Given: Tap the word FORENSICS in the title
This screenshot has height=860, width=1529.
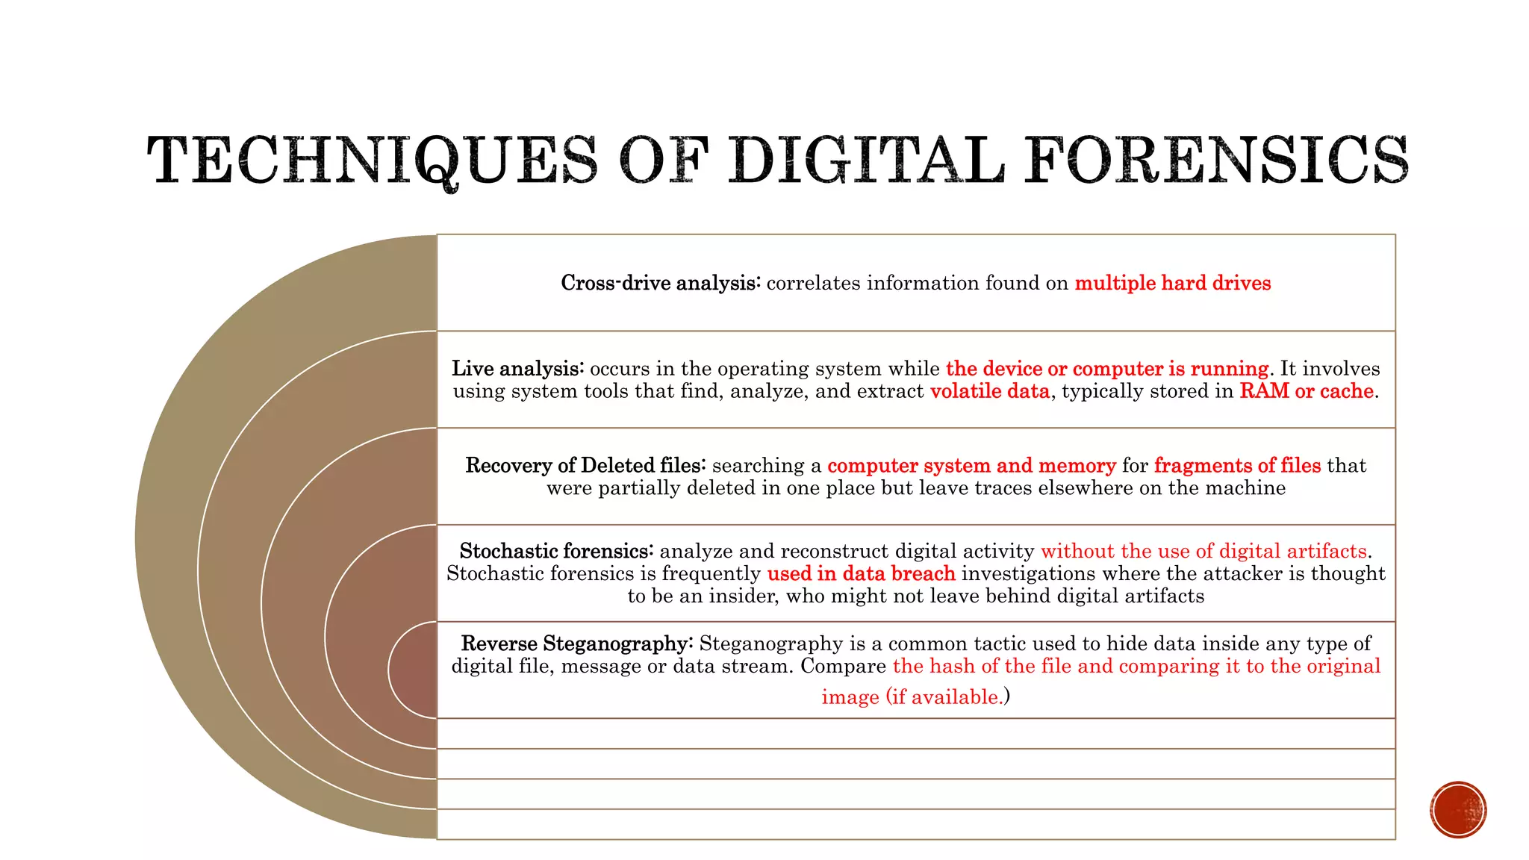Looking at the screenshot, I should pyautogui.click(x=1216, y=160).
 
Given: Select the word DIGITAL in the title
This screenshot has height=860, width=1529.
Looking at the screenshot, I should pyautogui.click(x=866, y=160).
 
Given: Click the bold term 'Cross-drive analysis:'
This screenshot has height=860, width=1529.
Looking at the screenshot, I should pyautogui.click(x=661, y=283).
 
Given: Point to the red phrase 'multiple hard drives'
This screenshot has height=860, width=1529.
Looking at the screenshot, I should pyautogui.click(x=1172, y=283).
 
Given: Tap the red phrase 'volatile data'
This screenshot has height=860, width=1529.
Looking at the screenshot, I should pyautogui.click(x=989, y=391).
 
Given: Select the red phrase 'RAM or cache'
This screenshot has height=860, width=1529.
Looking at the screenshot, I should pyautogui.click(x=1307, y=391).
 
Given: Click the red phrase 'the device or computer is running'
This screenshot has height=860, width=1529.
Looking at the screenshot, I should pyautogui.click(x=1106, y=369).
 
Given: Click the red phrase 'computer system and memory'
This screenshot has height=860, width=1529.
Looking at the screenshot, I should pyautogui.click(x=971, y=466).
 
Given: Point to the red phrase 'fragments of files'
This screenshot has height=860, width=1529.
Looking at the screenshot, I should pyautogui.click(x=1237, y=466).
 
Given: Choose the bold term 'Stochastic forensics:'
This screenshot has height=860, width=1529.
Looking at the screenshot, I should pyautogui.click(x=556, y=551).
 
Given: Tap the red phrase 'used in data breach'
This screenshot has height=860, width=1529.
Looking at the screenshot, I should pyautogui.click(x=861, y=573).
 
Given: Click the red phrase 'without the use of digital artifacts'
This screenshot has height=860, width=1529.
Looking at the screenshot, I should pyautogui.click(x=1203, y=551).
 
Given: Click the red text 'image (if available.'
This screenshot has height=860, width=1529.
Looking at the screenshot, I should pyautogui.click(x=912, y=697).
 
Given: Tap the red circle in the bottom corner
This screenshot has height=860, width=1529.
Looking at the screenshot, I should pyautogui.click(x=1458, y=810).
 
